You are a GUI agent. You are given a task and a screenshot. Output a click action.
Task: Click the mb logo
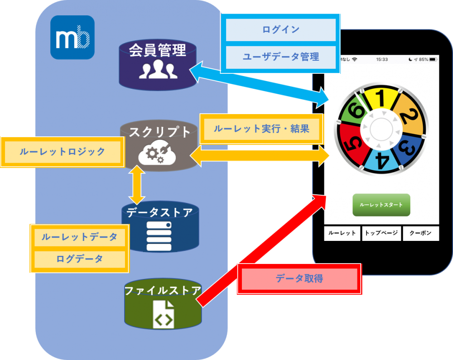(72, 37)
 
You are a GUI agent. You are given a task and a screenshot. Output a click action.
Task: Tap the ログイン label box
(280, 29)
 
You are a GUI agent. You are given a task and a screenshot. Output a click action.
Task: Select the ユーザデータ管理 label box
(280, 57)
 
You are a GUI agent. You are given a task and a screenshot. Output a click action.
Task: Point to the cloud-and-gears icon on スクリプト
(157, 153)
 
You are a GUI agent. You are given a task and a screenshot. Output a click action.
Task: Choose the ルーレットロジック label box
(63, 152)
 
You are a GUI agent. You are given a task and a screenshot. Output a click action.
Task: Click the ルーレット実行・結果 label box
(261, 129)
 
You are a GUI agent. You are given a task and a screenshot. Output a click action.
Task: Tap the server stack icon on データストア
(159, 236)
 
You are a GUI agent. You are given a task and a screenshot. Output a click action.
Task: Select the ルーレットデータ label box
(79, 237)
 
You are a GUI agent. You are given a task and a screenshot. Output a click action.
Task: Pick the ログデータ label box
(79, 259)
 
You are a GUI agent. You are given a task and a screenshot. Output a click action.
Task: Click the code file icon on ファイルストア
(164, 315)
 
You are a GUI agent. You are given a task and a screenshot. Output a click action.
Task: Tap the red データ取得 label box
(299, 278)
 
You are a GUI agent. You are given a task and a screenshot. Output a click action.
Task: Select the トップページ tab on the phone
(381, 233)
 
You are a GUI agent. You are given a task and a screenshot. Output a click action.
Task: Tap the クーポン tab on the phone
(421, 233)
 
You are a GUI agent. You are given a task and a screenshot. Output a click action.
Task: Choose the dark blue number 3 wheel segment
(408, 148)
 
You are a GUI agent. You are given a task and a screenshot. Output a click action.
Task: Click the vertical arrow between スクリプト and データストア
(137, 185)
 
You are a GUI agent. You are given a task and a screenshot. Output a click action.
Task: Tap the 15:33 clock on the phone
(381, 59)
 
